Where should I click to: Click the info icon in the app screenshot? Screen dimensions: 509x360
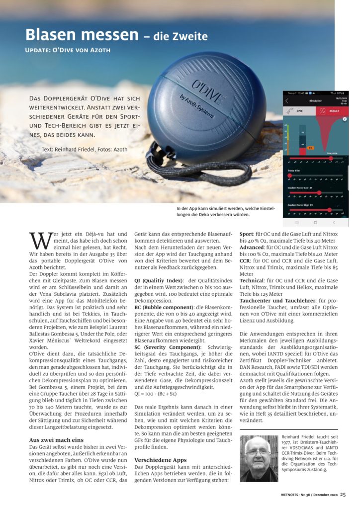click(345, 119)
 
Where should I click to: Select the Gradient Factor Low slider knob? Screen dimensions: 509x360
click(319, 192)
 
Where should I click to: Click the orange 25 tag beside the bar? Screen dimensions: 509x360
click(310, 148)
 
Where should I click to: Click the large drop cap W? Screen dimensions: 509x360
click(39, 241)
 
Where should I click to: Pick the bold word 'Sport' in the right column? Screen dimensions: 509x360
click(247, 234)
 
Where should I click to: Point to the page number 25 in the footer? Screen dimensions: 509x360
click(343, 495)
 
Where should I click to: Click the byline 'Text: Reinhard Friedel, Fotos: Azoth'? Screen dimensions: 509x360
click(85, 150)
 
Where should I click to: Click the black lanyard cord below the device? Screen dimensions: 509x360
click(199, 169)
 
